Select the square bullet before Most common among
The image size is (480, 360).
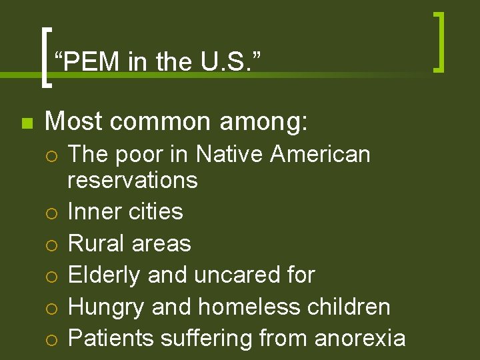[26, 123]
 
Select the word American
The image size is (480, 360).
[321, 154]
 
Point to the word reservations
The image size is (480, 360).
[133, 180]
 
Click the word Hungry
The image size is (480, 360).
[107, 307]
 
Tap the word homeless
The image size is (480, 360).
[249, 306]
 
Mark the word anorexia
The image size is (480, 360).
[359, 338]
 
